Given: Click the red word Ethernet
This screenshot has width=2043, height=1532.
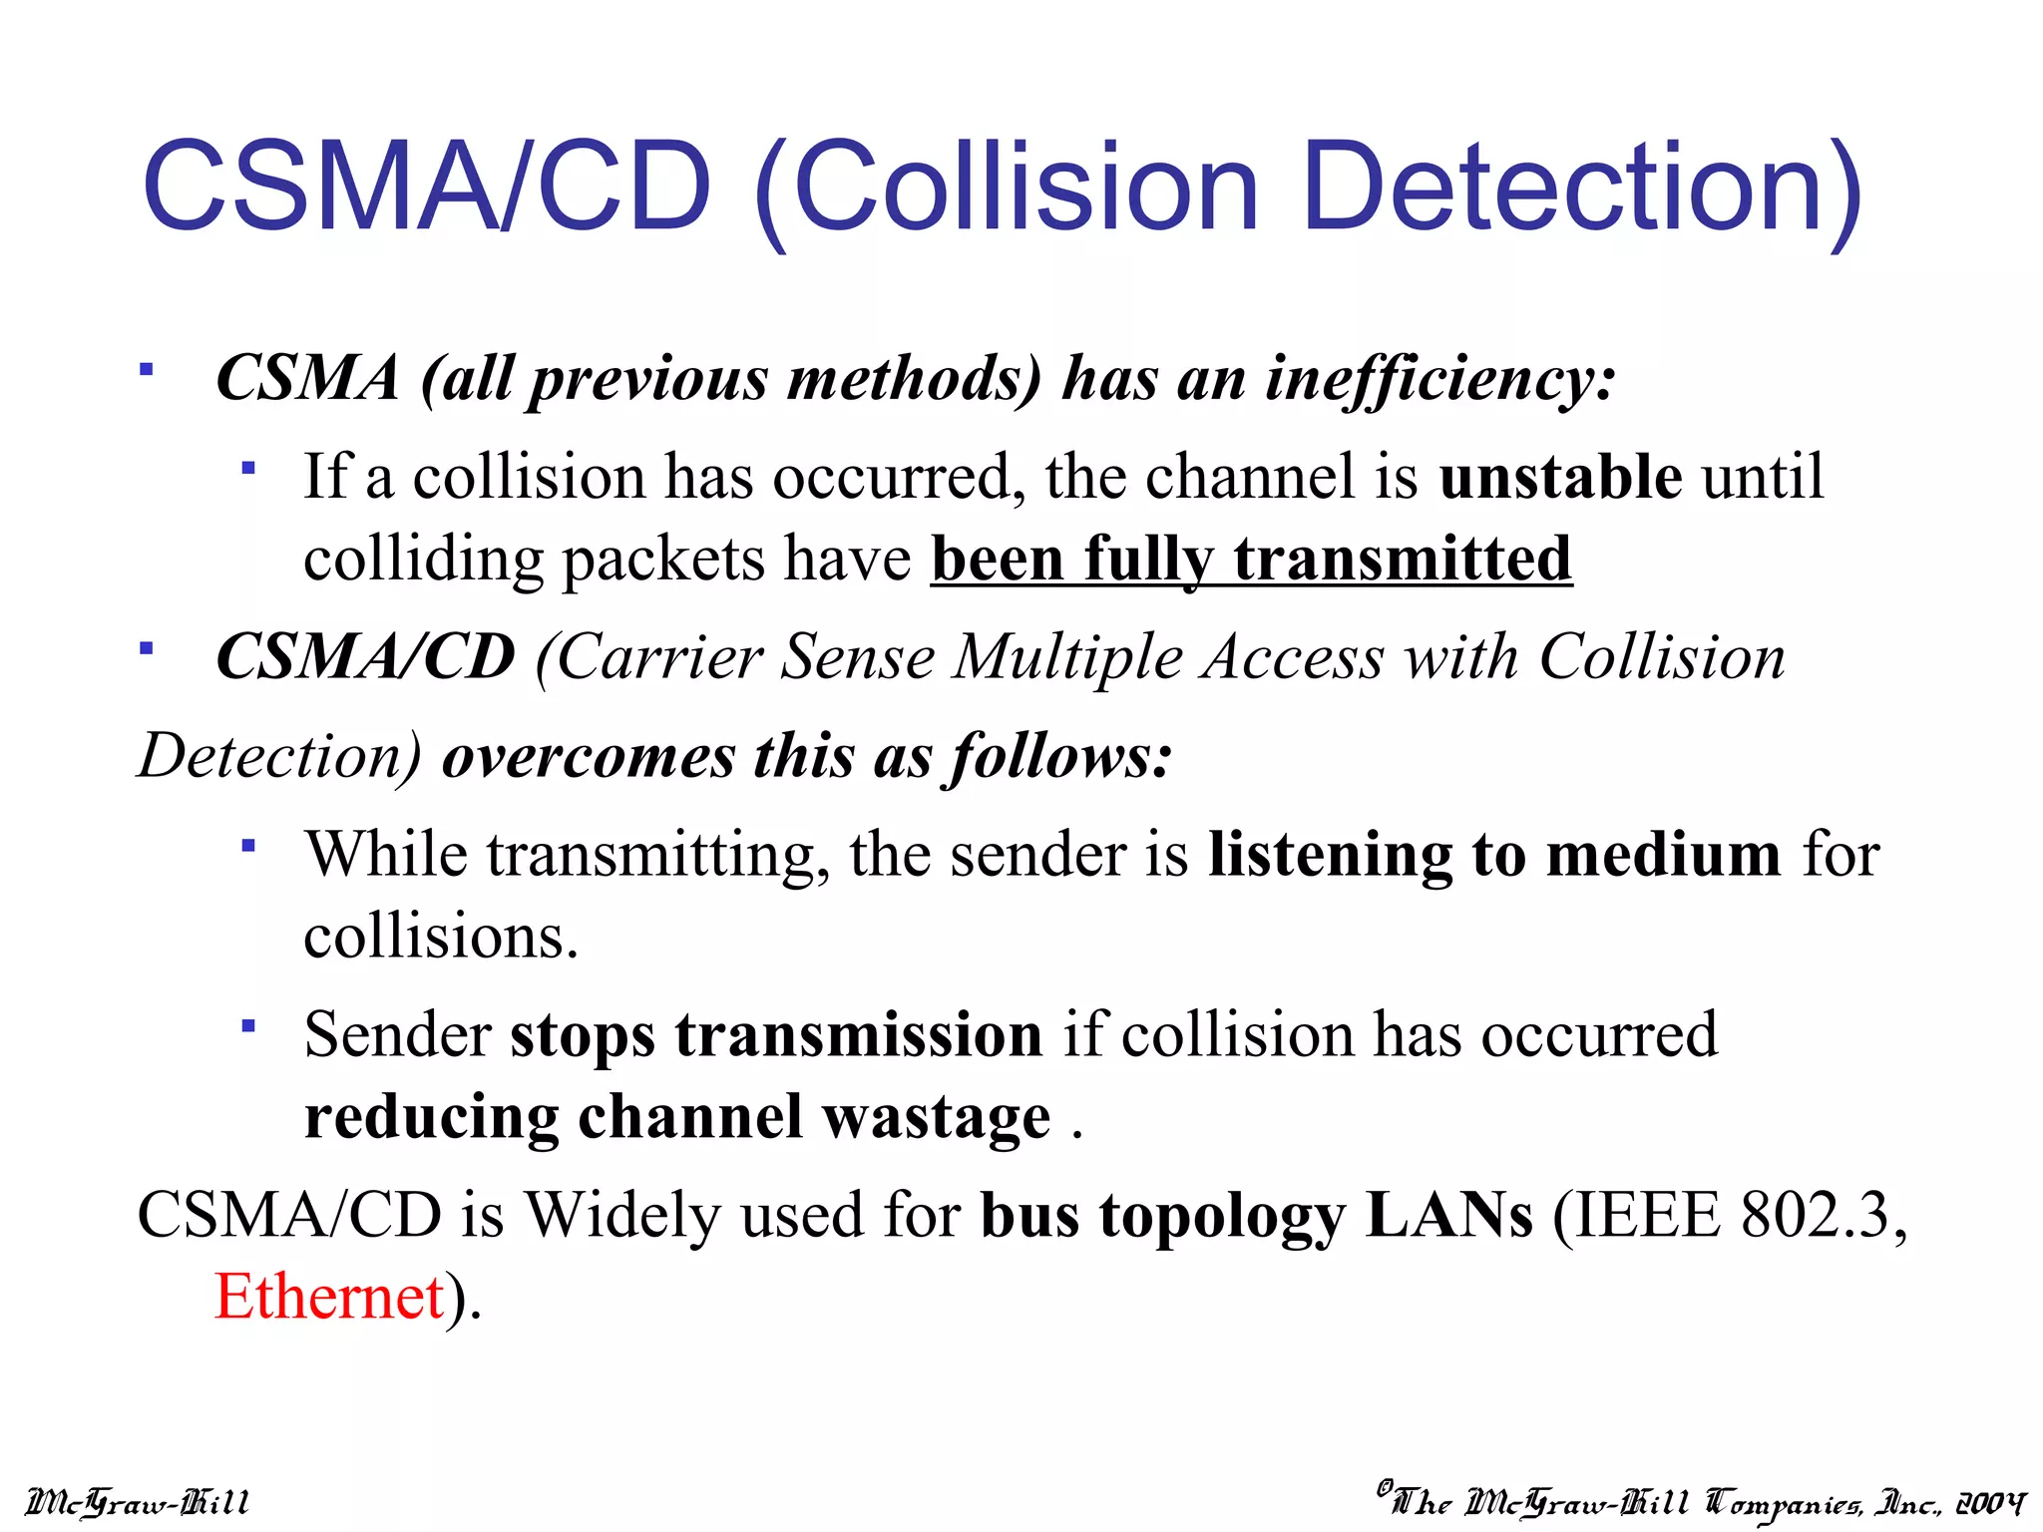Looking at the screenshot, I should coord(329,1297).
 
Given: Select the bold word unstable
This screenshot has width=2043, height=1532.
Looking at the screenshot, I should coord(1561,477).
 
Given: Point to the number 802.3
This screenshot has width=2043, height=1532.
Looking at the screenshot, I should coord(1816,1215).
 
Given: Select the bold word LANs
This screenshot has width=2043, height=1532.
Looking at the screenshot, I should coord(1448,1215).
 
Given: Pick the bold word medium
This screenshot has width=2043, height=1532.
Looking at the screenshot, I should coord(1663,856).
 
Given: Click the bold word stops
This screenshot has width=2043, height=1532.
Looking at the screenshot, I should coord(583,1035).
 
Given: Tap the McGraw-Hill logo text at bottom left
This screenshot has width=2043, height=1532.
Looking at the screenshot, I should coord(138,1502).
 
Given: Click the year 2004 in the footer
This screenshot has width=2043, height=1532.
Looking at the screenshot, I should coord(1990,1502).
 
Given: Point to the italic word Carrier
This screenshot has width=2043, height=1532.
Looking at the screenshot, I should coord(659,658).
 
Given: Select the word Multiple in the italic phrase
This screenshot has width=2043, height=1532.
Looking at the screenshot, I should coord(1067,658).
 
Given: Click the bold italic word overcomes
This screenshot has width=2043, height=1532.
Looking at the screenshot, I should coord(589,756).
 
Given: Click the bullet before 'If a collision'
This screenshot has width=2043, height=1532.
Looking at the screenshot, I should coord(248,468).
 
